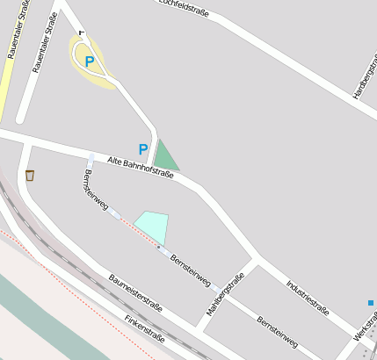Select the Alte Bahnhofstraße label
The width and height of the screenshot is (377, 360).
141,168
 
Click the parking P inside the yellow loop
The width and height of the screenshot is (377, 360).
90,61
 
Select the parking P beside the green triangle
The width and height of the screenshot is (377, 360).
143,149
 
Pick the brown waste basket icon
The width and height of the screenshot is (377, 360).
30,175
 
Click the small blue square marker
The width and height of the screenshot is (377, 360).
371,303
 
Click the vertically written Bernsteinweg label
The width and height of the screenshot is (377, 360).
95,190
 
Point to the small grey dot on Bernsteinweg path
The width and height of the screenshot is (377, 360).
158,248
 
